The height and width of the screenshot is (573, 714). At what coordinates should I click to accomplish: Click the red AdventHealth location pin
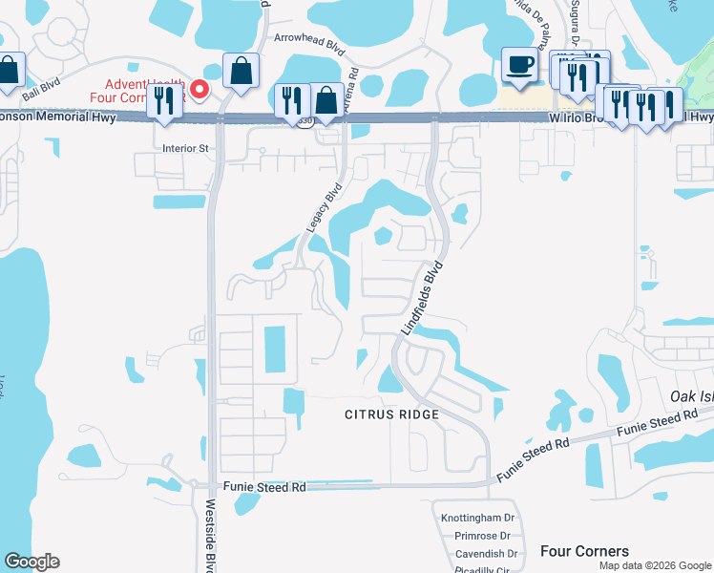click(x=199, y=90)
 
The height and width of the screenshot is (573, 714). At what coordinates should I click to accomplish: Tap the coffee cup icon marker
click(x=519, y=65)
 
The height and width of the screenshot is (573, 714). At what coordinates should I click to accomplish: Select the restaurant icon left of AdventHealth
click(x=164, y=100)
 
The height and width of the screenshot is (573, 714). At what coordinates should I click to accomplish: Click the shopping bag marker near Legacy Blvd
click(x=327, y=100)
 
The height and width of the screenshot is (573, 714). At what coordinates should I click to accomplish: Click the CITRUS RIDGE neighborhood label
click(x=392, y=414)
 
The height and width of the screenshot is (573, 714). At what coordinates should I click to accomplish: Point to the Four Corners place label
click(x=584, y=551)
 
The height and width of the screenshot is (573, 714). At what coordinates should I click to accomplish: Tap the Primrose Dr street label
click(x=482, y=536)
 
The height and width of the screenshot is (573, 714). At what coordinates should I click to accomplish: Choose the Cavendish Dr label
click(x=486, y=553)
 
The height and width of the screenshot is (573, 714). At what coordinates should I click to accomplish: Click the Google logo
click(x=31, y=562)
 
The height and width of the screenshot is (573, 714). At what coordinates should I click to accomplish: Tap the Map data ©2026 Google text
click(x=655, y=565)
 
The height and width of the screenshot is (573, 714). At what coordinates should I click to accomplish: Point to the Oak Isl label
click(x=692, y=395)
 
